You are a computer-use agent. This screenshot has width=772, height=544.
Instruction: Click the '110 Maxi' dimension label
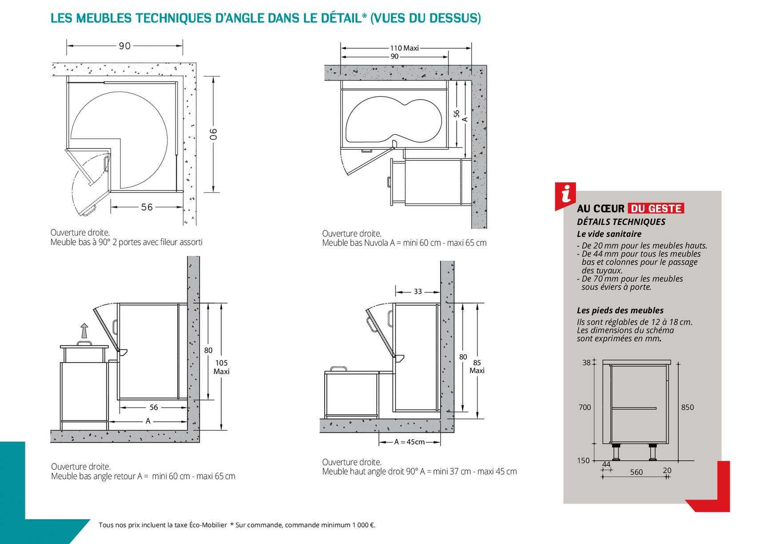click(x=404, y=48)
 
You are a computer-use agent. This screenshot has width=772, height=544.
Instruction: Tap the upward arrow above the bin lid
click(x=84, y=332)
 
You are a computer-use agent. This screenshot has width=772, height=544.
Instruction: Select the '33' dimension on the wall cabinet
click(x=418, y=292)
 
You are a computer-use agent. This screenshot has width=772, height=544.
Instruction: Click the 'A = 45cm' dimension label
click(x=409, y=442)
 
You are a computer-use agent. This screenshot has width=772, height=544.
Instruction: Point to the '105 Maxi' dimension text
click(x=221, y=367)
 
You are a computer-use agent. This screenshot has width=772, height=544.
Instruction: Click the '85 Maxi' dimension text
click(x=477, y=367)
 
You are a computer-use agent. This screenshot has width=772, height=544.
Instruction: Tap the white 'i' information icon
click(x=565, y=194)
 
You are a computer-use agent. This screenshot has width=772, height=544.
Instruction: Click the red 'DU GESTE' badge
click(x=656, y=208)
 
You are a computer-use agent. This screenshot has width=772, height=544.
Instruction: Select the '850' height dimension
click(x=687, y=407)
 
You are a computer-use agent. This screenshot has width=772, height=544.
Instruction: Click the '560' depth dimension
click(x=636, y=472)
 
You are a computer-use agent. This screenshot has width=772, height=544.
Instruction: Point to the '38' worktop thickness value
click(x=586, y=363)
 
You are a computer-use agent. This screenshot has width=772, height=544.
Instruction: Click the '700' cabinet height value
click(x=585, y=407)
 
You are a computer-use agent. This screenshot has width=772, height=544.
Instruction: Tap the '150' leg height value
click(x=583, y=460)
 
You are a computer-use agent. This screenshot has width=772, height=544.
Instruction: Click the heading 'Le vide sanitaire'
click(x=609, y=234)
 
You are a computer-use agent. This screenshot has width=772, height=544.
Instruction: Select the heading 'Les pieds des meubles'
click(x=620, y=310)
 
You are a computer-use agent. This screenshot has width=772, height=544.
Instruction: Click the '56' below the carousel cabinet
click(x=147, y=207)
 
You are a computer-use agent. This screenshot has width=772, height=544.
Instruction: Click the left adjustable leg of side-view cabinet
click(x=617, y=452)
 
